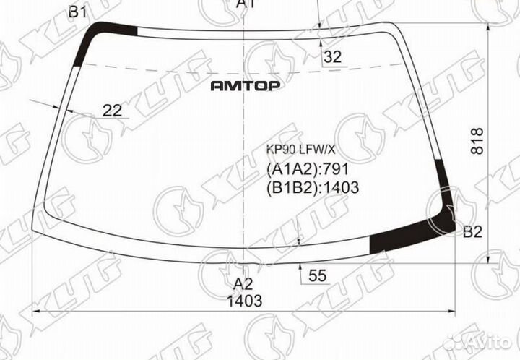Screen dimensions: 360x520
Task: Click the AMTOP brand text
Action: [246, 85]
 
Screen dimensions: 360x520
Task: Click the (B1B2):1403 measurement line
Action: [313, 188]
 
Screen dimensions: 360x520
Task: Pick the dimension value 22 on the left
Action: [112, 110]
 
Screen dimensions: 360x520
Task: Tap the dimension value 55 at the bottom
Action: [316, 275]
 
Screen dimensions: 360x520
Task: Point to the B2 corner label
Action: [472, 232]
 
